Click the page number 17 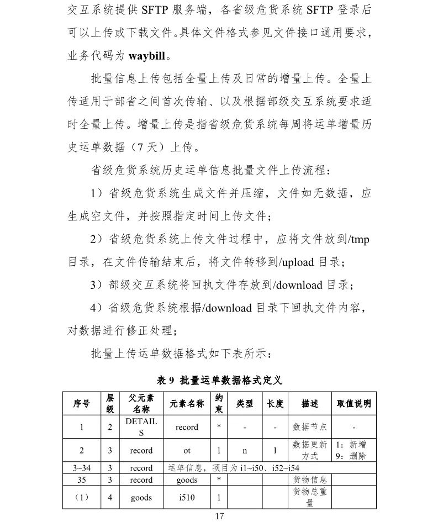pos(219,517)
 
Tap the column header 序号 pos(81,404)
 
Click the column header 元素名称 pos(187,404)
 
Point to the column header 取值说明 pos(353,404)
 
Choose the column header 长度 pos(275,404)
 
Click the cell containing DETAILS pos(141,427)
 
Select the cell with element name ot pos(187,450)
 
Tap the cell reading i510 pos(187,498)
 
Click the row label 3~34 pos(81,468)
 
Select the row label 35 pos(81,479)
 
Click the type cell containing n pos(245,450)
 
